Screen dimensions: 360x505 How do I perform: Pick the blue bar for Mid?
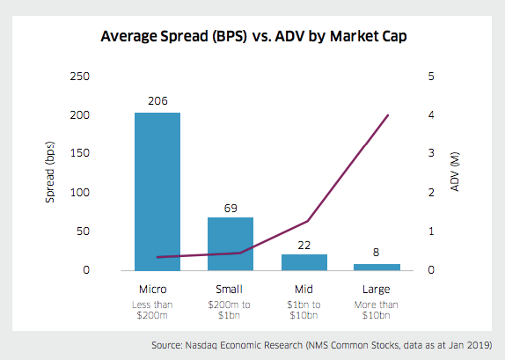[x=304, y=261]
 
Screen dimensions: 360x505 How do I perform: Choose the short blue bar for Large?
[x=377, y=267]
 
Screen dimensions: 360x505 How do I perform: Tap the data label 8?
[x=377, y=253]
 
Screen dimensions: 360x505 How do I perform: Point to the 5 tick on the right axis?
[x=431, y=77]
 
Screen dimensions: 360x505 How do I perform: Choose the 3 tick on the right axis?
[x=431, y=154]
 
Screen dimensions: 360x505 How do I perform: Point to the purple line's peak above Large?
[x=388, y=115]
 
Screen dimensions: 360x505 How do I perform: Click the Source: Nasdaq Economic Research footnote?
[x=330, y=344]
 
